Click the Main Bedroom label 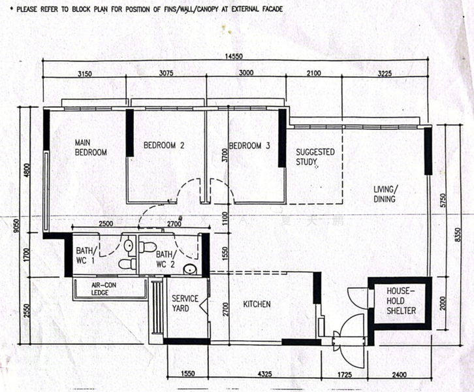click(x=91, y=147)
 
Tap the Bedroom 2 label click(x=164, y=146)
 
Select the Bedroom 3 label click(x=249, y=146)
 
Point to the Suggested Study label click(x=315, y=157)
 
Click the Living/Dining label click(x=385, y=194)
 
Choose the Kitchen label click(x=257, y=304)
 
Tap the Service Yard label click(x=185, y=303)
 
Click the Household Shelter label click(x=401, y=301)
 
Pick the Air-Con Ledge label click(x=104, y=289)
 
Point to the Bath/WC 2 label click(x=165, y=259)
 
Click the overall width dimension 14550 click(x=234, y=56)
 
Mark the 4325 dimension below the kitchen click(x=264, y=374)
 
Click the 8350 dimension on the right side click(x=458, y=235)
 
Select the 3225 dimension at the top click(x=385, y=73)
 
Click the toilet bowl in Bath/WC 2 click(x=148, y=247)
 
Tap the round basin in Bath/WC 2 click(x=190, y=269)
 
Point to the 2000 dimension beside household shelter click(x=443, y=303)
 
